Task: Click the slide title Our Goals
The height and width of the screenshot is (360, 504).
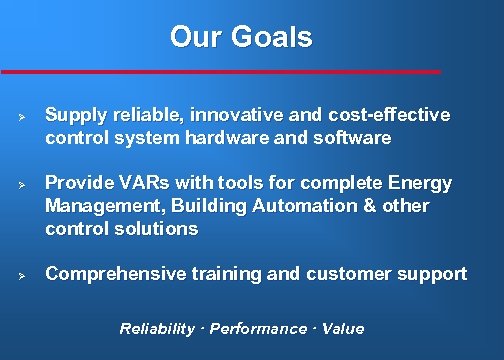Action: pos(241,37)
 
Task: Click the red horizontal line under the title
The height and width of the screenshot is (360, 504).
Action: pos(220,72)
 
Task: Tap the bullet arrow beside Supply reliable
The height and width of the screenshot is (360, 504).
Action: pos(21,116)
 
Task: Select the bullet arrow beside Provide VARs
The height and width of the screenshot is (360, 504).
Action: pos(21,185)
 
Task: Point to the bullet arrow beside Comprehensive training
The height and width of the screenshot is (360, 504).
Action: pos(21,274)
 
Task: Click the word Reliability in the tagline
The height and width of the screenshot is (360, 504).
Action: pos(157,329)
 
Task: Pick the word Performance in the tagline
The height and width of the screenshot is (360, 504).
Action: pos(258,329)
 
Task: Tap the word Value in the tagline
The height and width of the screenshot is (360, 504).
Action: pos(343,329)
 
